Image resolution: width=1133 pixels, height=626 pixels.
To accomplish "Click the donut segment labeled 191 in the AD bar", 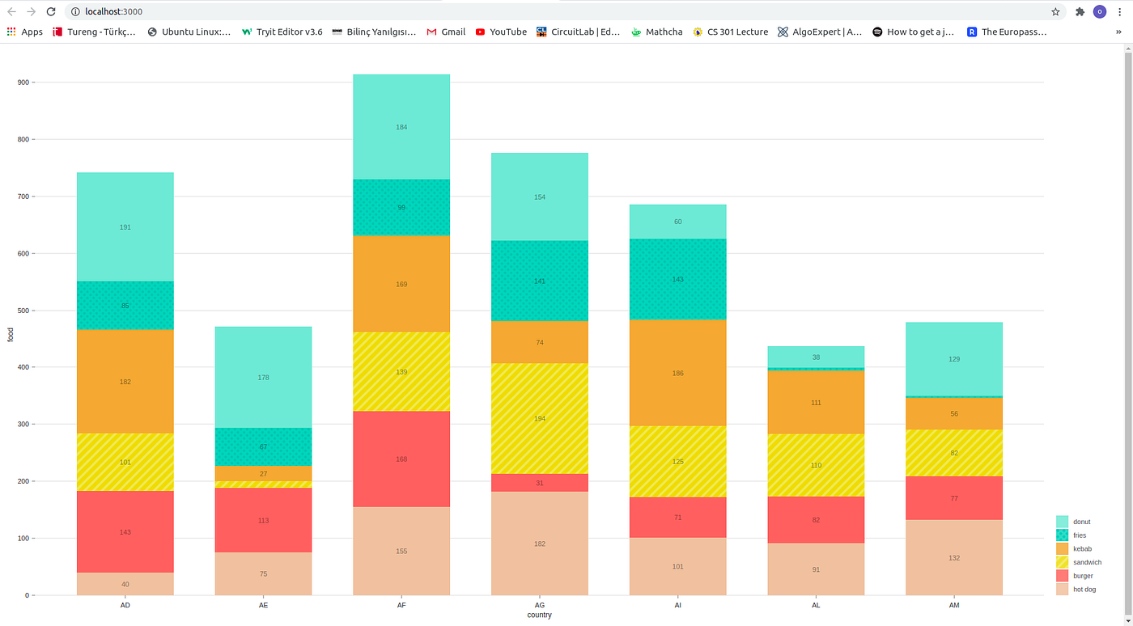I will coord(125,227).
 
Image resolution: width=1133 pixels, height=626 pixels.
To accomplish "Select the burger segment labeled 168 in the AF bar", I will coord(401,459).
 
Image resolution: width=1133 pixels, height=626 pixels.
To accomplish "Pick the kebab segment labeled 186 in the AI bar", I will coord(677,373).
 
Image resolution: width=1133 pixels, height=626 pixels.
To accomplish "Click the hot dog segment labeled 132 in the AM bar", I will coord(954,557).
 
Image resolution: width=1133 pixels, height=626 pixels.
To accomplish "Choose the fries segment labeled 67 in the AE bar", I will coord(263,446).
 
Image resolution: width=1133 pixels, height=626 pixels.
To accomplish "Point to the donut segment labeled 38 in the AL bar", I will coord(816,357).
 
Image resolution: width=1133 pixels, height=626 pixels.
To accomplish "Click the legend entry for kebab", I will coord(1082,549).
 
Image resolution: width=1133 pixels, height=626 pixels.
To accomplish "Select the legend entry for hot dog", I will coord(1084,590).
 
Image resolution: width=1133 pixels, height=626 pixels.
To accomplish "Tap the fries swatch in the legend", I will coord(1063,535).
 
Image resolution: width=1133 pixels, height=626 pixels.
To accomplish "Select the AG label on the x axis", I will coord(540,605).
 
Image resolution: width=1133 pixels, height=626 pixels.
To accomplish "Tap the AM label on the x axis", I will coord(954,605).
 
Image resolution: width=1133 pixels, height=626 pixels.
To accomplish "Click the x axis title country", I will coord(539,615).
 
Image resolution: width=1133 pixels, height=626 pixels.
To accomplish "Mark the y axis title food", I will coord(11,333).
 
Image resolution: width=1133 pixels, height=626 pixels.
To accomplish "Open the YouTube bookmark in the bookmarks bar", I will coord(501,32).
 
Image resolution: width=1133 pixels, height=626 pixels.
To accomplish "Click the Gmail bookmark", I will coord(446,32).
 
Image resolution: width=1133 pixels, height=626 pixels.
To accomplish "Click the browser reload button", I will coord(51,11).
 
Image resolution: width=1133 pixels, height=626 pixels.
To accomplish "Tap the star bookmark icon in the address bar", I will coord(1055,11).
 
